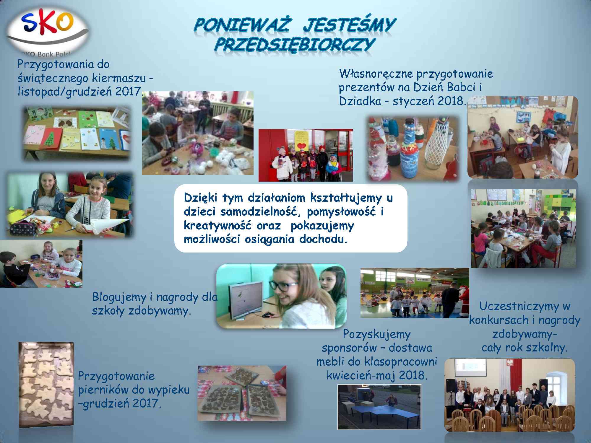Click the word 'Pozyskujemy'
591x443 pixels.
(377, 335)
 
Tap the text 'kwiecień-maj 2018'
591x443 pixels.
(376, 375)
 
